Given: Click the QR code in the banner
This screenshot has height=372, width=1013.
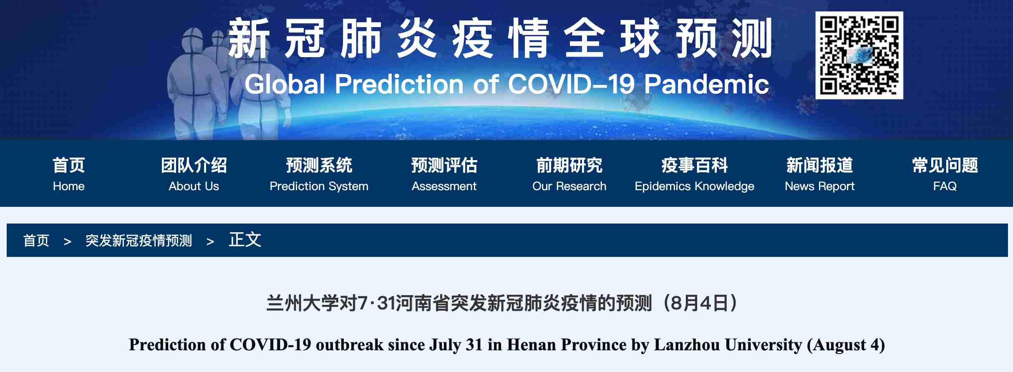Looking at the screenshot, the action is coord(859,55).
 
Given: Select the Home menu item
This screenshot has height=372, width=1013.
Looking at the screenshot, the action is coord(69,174).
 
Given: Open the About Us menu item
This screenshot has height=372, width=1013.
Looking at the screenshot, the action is coord(194,174).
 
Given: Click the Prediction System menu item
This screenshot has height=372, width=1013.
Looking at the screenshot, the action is coord(319,174).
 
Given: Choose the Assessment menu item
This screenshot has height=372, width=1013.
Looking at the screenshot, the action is coord(444,174).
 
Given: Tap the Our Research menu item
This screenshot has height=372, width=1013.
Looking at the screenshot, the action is coord(569,174).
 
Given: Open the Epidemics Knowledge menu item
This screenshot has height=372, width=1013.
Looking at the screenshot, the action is coord(695,174).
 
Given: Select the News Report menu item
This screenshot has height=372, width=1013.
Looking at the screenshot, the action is coord(820,174).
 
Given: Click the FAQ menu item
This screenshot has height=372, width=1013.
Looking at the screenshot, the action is coord(945,174).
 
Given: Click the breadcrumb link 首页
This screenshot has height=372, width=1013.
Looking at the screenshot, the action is coord(36,241).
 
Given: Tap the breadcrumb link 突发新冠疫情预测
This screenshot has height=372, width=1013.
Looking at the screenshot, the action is coord(139,241).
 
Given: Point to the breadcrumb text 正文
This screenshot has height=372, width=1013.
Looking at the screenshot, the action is coord(245,240).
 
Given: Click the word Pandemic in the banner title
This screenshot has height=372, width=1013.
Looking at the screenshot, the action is coord(707,84).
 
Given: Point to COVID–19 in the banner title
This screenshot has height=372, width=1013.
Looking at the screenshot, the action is coord(571,84).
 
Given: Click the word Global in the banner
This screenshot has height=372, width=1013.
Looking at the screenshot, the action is coord(285,84).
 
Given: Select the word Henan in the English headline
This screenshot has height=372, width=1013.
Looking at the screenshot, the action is coord(531,345).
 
